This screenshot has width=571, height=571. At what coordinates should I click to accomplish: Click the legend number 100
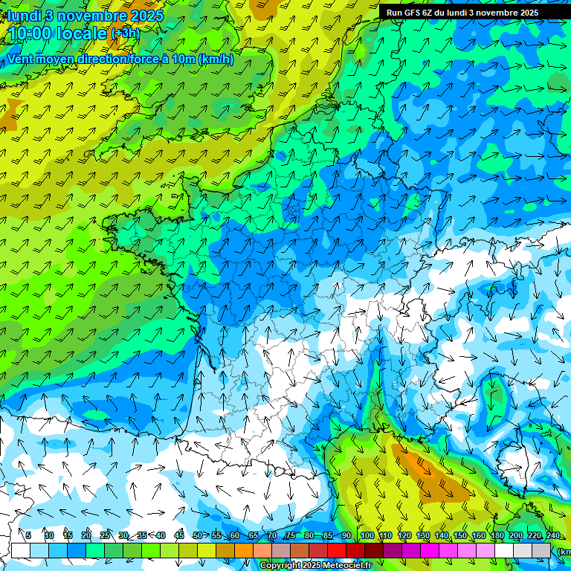tap(367, 535)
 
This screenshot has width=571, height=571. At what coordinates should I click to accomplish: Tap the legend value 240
tap(552, 535)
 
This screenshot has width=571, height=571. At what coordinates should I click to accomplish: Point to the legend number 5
tap(28, 535)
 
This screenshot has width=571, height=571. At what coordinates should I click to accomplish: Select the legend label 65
tap(253, 535)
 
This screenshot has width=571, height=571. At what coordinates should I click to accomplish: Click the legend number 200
tap(516, 535)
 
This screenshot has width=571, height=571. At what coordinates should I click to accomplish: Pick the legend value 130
tap(422, 535)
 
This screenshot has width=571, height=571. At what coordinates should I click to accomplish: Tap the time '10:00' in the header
tap(33, 33)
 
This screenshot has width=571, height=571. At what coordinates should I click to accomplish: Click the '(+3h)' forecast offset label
tap(125, 33)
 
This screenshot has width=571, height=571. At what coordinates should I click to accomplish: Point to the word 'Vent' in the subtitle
tap(22, 59)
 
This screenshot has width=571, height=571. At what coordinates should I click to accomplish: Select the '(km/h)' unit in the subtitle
tap(216, 59)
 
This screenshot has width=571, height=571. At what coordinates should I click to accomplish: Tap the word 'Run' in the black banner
tap(394, 13)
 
